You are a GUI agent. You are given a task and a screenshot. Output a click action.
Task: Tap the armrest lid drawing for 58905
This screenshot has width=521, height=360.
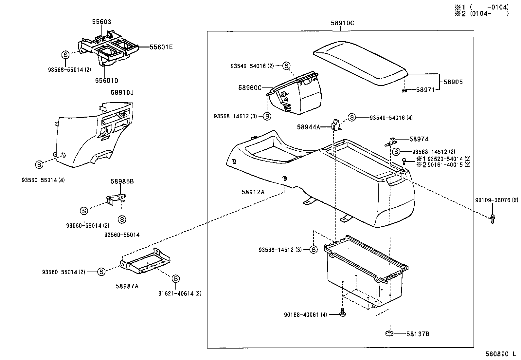click(360, 62)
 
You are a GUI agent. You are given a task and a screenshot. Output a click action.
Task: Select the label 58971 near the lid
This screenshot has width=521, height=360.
click(425, 89)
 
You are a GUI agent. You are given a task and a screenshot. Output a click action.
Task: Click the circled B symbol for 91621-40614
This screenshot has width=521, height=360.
click(176, 279)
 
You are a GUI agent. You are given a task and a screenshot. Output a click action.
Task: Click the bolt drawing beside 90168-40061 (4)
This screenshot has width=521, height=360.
click(342, 313)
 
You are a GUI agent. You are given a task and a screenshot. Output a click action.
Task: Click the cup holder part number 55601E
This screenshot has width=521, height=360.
click(161, 47)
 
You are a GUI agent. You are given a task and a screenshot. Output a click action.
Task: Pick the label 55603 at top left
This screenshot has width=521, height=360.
click(101, 22)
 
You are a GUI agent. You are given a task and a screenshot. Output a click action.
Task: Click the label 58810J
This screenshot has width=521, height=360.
click(122, 93)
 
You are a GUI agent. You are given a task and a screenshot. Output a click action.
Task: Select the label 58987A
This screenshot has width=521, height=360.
click(127, 286)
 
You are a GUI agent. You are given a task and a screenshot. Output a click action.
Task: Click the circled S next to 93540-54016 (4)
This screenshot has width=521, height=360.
click(351, 117)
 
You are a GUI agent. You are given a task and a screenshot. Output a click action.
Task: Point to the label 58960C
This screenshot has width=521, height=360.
click(250, 88)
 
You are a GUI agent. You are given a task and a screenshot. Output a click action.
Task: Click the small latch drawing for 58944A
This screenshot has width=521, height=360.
click(335, 125)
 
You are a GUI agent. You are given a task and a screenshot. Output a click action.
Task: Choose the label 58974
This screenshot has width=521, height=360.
click(419, 139)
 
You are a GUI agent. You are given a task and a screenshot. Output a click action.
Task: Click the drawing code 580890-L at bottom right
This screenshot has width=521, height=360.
click(501, 354)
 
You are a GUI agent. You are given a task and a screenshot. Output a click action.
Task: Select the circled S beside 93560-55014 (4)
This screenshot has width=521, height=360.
click(39, 164)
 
